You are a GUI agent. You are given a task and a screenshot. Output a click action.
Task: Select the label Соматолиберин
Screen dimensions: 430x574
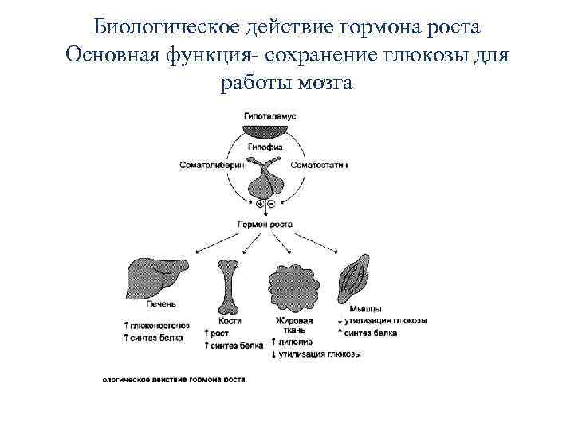(x=212, y=165)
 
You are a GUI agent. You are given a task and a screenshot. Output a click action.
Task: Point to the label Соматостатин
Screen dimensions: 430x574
(x=319, y=165)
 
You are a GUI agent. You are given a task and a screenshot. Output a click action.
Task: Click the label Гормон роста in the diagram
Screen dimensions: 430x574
(x=265, y=225)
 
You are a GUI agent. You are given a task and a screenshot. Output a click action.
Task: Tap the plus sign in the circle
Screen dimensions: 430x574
(x=260, y=205)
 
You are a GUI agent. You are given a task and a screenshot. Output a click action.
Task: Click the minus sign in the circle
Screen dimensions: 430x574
(x=271, y=205)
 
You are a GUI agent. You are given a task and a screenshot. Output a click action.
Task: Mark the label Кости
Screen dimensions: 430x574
(x=230, y=320)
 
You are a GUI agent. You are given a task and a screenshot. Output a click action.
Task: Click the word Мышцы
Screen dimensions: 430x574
(x=365, y=308)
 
